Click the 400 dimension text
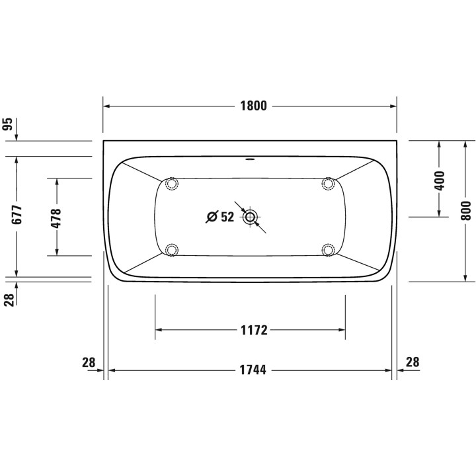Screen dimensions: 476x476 [440, 179]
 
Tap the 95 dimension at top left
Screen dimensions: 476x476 [9, 126]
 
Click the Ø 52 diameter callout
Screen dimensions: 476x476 [220, 217]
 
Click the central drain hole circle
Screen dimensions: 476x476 [251, 217]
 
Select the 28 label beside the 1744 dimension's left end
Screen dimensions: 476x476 [89, 362]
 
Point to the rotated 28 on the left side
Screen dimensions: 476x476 [9, 299]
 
